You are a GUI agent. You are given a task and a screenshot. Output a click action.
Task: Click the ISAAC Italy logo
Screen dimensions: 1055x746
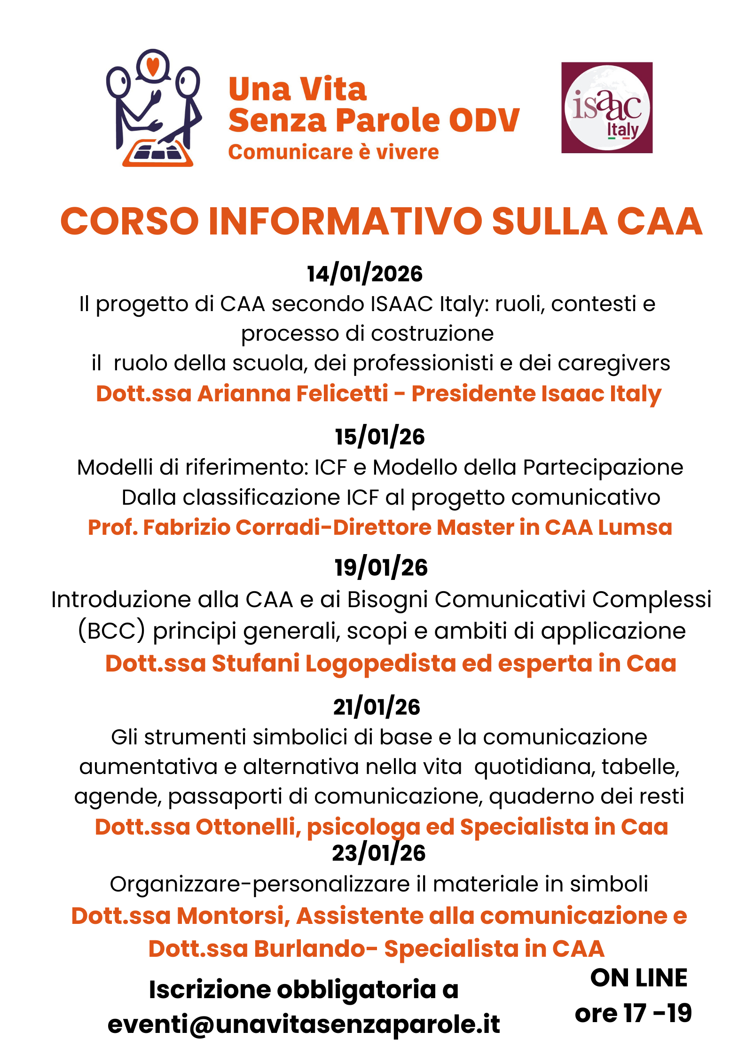[606, 108]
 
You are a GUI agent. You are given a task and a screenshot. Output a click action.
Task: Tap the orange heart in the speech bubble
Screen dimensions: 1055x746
[153, 66]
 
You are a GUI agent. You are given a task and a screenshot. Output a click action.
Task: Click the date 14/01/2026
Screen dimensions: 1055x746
[365, 274]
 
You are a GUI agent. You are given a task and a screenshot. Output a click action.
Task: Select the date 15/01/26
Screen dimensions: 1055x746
[379, 437]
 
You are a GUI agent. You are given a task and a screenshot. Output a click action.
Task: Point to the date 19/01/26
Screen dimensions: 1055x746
[381, 568]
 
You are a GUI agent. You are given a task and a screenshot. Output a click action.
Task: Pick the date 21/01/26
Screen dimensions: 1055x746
[377, 707]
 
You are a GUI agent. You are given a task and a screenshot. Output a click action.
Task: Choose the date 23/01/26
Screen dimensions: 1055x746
[378, 853]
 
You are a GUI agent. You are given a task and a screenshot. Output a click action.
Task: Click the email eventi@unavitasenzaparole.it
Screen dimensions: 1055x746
[304, 1024]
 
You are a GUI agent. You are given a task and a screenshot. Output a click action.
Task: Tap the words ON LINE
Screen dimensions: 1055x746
[638, 978]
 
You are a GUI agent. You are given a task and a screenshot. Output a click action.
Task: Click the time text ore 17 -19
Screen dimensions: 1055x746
[633, 1013]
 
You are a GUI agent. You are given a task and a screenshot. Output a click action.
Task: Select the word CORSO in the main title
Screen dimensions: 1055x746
[130, 221]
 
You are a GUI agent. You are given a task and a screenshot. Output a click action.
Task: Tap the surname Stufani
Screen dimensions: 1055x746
[255, 664]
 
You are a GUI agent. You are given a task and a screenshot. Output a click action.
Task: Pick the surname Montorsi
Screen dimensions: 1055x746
[230, 916]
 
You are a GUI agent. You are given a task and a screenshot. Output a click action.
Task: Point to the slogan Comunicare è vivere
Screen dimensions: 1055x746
[333, 152]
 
